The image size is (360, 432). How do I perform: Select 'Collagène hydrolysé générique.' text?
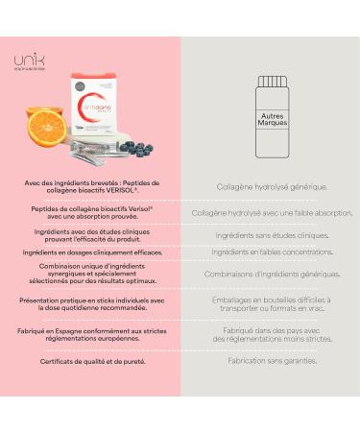pos(270,187)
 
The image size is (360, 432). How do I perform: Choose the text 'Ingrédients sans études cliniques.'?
pos(270,235)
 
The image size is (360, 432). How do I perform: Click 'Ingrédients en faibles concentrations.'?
pos(270,253)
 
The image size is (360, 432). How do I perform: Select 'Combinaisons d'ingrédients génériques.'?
pos(270,274)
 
